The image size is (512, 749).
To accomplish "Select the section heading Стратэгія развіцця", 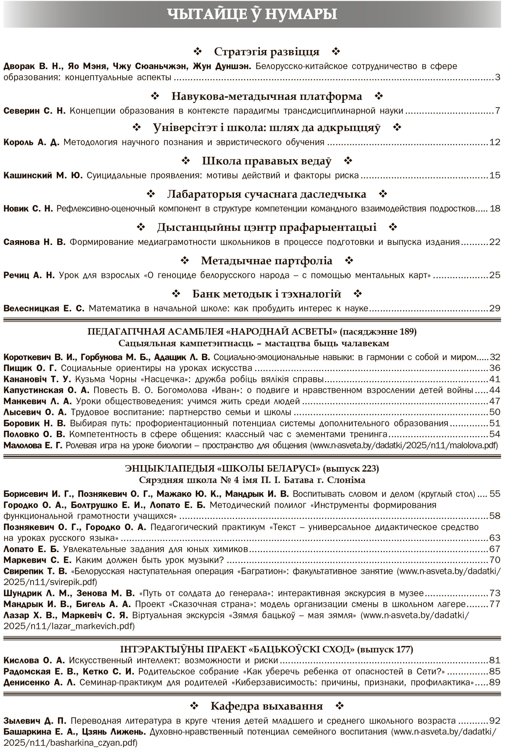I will click(x=266, y=51).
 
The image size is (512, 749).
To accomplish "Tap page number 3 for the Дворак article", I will click(x=497, y=77).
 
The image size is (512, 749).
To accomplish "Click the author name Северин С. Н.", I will click(x=34, y=111).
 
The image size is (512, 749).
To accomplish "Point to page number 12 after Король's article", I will click(x=495, y=142).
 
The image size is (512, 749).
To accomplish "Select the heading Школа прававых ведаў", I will click(x=266, y=161).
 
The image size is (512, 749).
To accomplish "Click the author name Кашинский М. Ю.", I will click(x=43, y=175).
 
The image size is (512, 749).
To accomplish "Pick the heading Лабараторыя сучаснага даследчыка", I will click(x=266, y=194).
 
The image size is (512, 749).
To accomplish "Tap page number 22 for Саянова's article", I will click(x=495, y=242).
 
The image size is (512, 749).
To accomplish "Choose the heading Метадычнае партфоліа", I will click(x=266, y=261).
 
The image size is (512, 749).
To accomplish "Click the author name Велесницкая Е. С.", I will click(x=44, y=308).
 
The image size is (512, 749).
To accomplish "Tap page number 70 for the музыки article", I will click(x=495, y=560).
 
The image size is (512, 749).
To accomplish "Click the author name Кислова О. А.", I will click(x=34, y=660).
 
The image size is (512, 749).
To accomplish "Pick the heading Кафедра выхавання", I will click(x=266, y=706).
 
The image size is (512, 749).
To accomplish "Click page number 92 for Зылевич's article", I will click(x=495, y=721).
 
